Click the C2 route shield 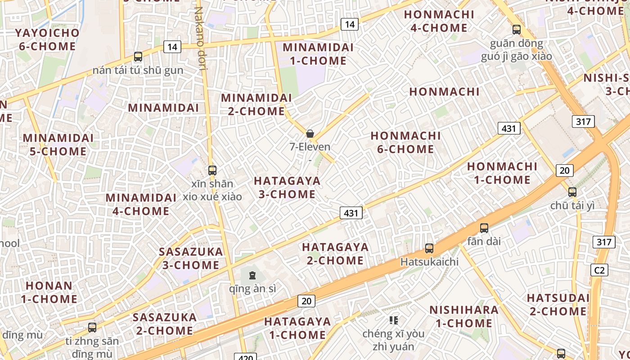click(x=599, y=270)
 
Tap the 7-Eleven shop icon click(x=310, y=134)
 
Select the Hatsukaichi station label click(x=429, y=261)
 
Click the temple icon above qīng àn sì click(x=252, y=275)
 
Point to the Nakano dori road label click(x=200, y=38)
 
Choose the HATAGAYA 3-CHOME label click(x=287, y=188)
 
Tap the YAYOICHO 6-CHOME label click(x=47, y=40)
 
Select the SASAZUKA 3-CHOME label click(x=191, y=258)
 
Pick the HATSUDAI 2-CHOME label click(x=558, y=305)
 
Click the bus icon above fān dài click(x=484, y=228)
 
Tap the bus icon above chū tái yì click(x=572, y=192)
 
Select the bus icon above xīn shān click(x=212, y=171)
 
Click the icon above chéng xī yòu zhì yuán click(x=394, y=320)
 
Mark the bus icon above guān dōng click(x=517, y=30)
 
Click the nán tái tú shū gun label click(x=138, y=70)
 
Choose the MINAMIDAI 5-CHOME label click(x=58, y=144)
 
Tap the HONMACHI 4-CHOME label click(x=439, y=21)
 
